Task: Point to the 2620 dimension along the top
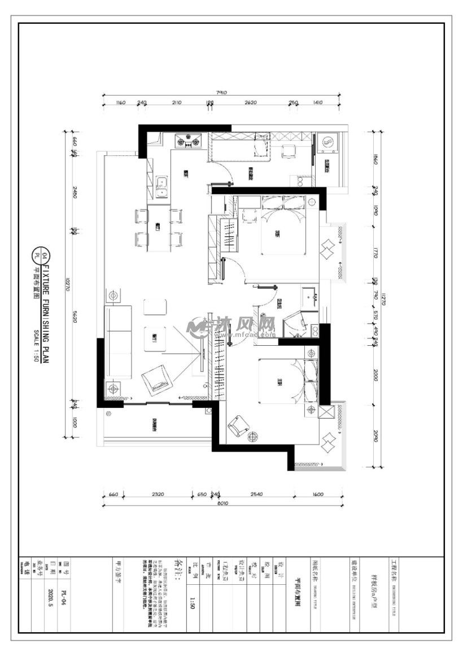(251, 103)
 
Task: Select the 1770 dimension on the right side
(375, 254)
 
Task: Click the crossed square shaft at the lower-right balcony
(327, 411)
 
